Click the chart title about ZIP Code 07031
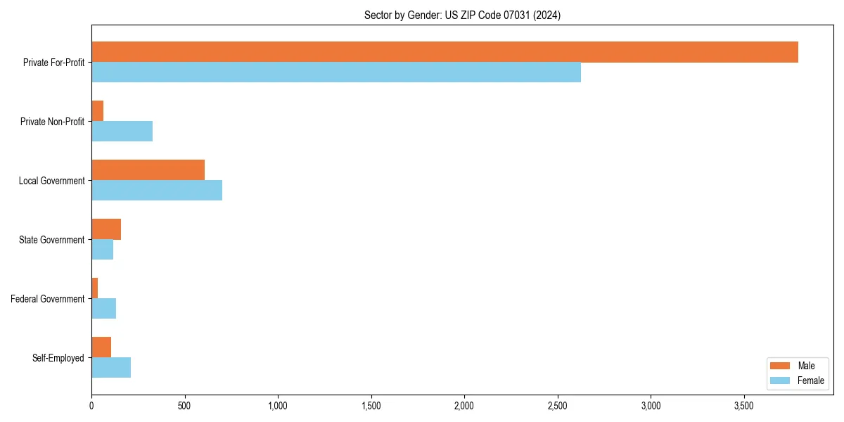click(x=462, y=15)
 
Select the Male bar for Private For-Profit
click(x=445, y=52)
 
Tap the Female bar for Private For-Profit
click(x=336, y=72)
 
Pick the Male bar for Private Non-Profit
click(x=98, y=111)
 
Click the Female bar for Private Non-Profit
click(x=122, y=132)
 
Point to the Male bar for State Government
click(x=106, y=229)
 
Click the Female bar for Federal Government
click(x=104, y=309)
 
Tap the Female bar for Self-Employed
click(x=111, y=368)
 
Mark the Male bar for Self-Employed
click(x=101, y=347)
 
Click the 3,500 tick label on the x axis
click(x=744, y=406)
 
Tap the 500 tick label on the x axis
click(x=185, y=406)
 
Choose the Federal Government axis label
click(x=48, y=299)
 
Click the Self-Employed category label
click(x=58, y=358)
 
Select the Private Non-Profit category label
click(x=52, y=122)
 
